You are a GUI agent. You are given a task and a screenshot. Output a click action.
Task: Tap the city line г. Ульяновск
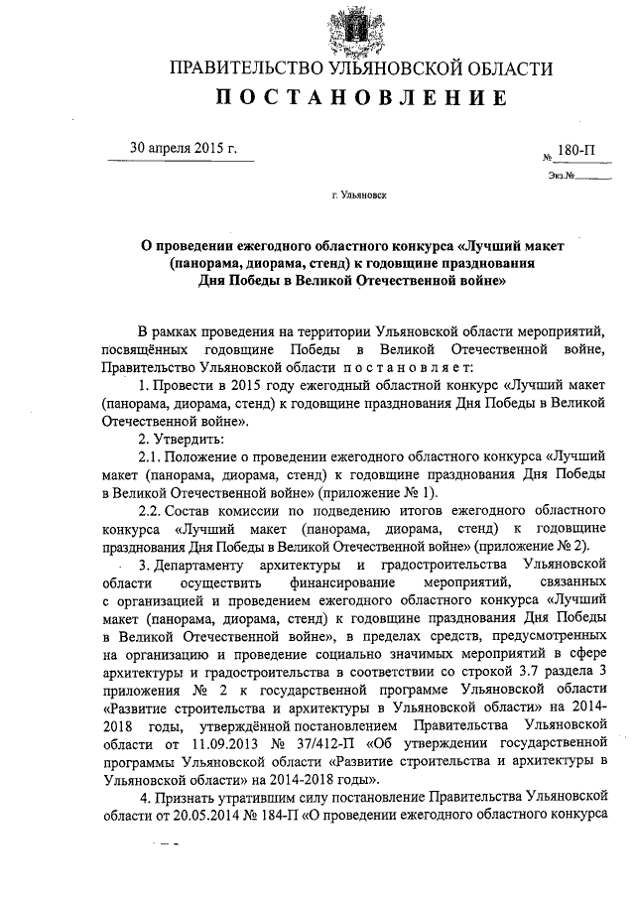360,196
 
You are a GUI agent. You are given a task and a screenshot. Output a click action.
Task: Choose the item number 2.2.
149,510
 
